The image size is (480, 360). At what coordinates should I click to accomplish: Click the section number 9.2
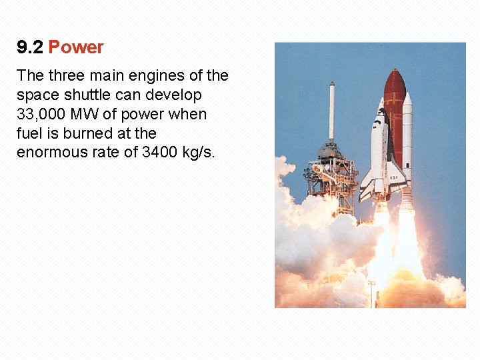[30, 47]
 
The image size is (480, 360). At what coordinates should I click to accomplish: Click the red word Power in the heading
[76, 47]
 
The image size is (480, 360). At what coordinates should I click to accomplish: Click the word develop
[176, 95]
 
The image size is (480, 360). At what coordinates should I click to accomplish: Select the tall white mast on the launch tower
[331, 110]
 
